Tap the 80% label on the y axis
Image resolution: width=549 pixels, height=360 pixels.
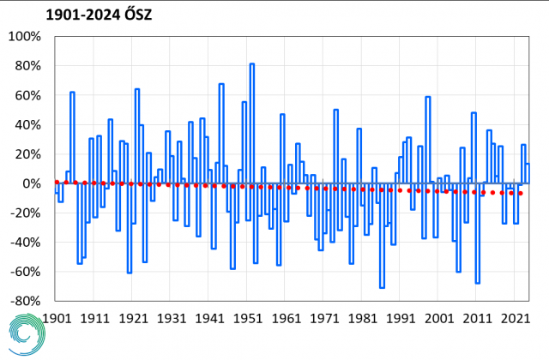coord(27,67)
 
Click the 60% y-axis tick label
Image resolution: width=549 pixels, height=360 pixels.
coord(27,96)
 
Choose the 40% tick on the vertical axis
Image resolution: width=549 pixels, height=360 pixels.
coord(27,125)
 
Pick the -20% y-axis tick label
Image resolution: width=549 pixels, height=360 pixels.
coord(24,213)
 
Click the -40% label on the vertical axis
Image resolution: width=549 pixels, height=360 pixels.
coord(24,243)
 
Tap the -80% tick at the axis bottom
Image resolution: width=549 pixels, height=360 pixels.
coord(24,302)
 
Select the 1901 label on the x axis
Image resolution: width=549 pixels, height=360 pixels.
coord(57,317)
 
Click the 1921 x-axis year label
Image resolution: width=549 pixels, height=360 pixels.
coord(133,317)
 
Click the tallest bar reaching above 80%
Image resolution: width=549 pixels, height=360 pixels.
coord(251,120)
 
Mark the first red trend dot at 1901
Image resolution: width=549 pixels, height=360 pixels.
coord(57,182)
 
